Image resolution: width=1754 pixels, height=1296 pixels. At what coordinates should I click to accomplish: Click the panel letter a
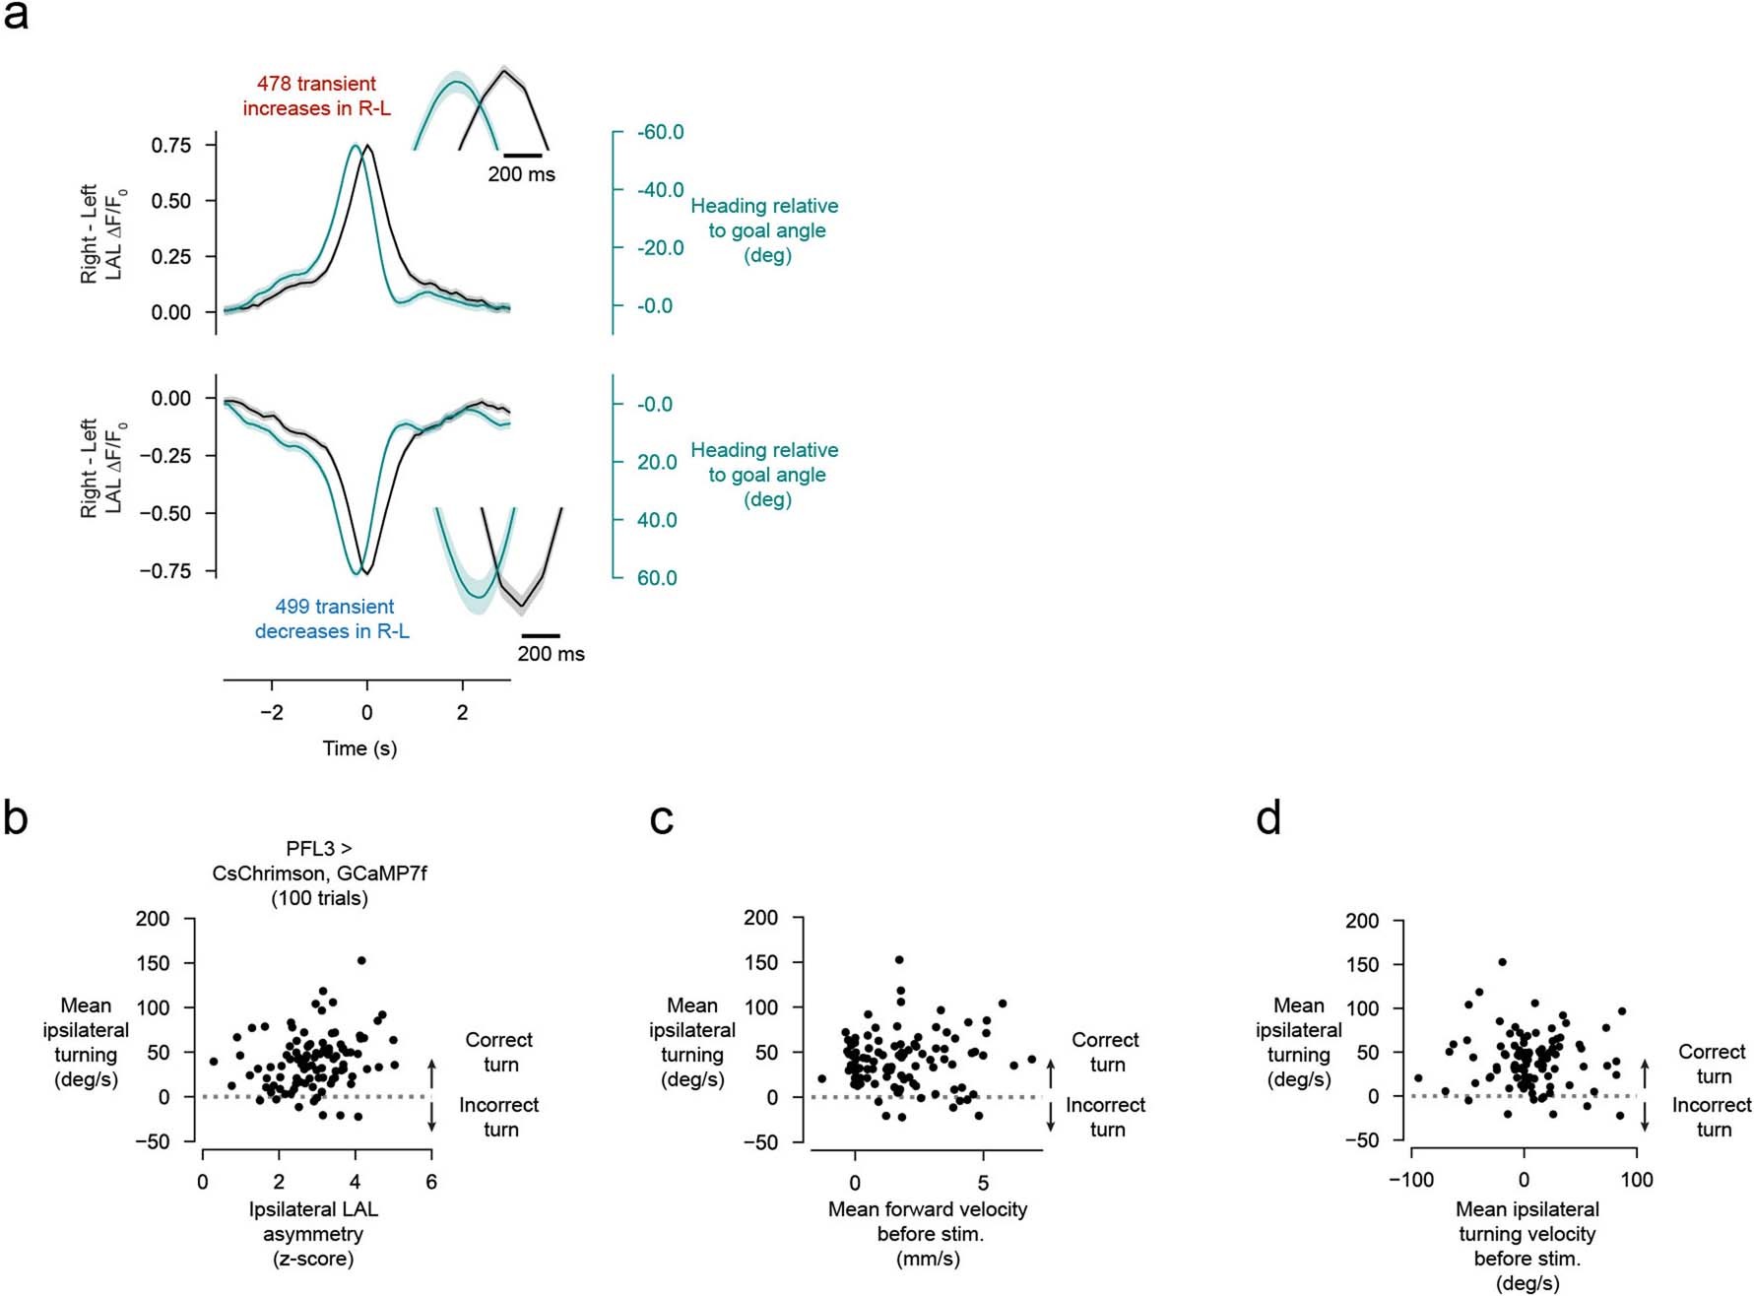16,17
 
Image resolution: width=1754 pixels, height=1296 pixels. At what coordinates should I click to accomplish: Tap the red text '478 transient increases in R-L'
316,96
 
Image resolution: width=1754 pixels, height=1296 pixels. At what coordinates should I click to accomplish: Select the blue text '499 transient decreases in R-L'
333,618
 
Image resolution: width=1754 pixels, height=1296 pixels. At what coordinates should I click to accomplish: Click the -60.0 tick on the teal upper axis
660,132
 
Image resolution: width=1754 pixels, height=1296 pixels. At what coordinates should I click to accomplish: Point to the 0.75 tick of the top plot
170,145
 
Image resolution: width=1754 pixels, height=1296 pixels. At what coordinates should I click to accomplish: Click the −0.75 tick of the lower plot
164,571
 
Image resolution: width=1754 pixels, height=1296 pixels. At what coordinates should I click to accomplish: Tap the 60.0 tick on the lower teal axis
657,578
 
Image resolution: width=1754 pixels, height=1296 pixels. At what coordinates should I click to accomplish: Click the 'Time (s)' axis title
359,748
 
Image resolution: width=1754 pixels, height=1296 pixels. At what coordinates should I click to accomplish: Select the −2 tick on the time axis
271,712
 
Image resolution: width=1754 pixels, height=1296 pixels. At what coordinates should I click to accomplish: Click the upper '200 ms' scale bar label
521,174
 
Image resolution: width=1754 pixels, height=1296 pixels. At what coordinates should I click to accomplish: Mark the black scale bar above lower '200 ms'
540,636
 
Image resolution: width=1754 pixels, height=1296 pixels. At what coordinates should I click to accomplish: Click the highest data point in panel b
361,960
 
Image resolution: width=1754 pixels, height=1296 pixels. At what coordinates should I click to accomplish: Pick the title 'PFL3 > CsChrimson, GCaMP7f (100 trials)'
319,873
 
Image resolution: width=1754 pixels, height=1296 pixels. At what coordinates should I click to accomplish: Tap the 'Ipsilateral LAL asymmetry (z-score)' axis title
313,1234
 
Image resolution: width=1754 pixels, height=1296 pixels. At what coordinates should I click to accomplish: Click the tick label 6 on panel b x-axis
431,1182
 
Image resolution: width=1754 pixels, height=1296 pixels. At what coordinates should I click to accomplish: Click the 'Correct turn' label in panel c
1105,1052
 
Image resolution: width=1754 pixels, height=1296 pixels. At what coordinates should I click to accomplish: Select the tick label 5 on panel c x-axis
983,1183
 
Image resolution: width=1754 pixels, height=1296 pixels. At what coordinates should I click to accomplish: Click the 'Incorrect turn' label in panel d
1712,1117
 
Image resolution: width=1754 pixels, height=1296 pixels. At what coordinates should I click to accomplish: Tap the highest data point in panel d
1502,962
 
